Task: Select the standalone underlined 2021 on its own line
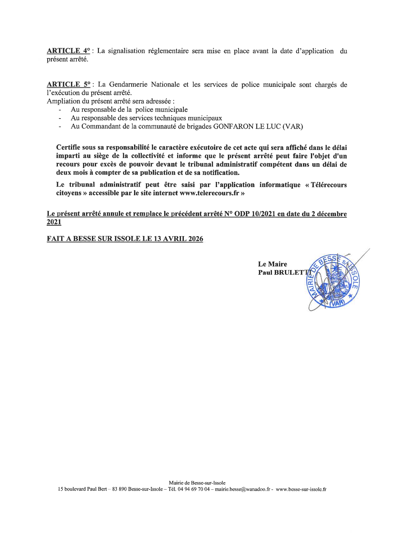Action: (x=54, y=223)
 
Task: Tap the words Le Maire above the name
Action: (x=273, y=264)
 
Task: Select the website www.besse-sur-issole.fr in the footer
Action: (x=301, y=489)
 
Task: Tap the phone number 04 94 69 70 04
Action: (x=195, y=489)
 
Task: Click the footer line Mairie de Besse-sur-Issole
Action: (x=197, y=483)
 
